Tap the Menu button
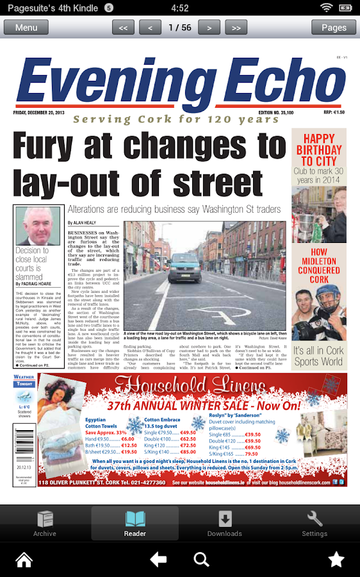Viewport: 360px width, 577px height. coord(26,28)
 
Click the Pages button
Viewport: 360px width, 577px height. coord(334,28)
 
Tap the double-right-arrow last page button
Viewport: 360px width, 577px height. coord(236,28)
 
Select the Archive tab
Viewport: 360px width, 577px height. coord(45,523)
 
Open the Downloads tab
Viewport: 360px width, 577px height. coord(225,523)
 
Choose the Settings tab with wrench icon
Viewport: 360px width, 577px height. coord(315,523)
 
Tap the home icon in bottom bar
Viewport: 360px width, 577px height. coord(24,560)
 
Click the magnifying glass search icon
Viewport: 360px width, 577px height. coord(201,560)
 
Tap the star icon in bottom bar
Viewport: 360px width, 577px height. coord(336,560)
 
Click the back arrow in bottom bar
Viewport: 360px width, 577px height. coord(158,560)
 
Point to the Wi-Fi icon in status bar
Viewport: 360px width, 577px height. coord(327,8)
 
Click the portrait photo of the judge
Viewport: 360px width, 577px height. coord(38,225)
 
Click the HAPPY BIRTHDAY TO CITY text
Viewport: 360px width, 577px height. coord(319,150)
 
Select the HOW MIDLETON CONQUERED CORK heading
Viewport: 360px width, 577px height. coord(319,265)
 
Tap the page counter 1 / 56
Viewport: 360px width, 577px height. coord(179,28)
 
